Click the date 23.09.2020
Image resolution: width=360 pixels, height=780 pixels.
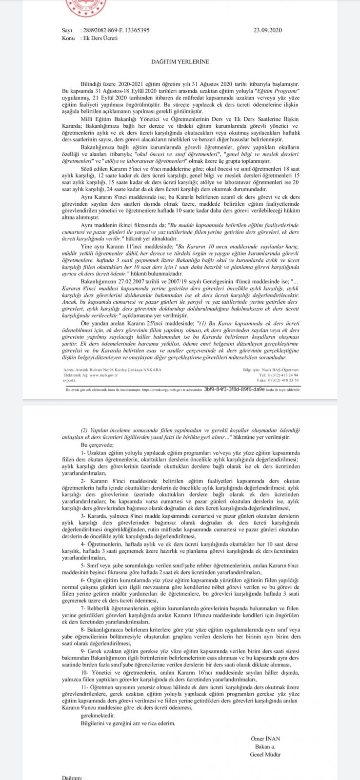tap(268, 30)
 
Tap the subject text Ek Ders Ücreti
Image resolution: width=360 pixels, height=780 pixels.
tap(100, 38)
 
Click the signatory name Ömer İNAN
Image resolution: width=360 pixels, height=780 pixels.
tap(265, 739)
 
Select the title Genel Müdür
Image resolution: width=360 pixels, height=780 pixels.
tap(265, 754)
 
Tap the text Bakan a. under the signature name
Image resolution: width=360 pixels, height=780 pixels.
tap(265, 746)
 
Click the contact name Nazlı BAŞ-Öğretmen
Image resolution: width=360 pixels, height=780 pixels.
tap(280, 370)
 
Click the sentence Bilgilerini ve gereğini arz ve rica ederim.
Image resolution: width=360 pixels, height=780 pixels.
tap(128, 723)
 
